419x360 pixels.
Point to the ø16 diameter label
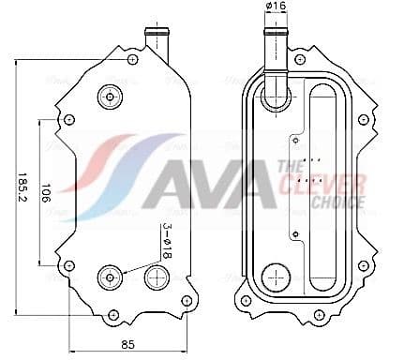[x=277, y=8]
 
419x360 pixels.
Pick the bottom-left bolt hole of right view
[x=245, y=301]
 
